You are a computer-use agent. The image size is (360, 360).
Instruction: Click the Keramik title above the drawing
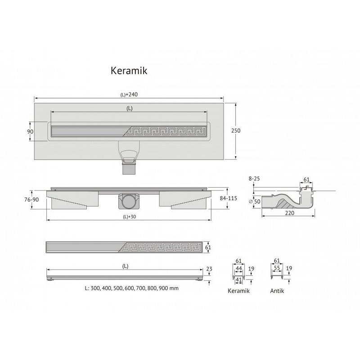pos(129,71)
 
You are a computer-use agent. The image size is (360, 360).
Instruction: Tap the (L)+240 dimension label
pos(129,94)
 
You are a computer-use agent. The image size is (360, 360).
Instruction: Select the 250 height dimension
pos(235,130)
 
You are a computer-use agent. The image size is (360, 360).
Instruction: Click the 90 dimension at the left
pos(30,131)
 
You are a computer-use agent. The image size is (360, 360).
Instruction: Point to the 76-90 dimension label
pos(31,199)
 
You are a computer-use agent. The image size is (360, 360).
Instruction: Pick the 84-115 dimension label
pos(228,198)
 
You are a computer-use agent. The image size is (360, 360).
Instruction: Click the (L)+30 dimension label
pos(129,216)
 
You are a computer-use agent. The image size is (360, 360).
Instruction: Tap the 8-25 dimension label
pos(254,178)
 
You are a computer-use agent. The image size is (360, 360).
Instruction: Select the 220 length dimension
pos(289,213)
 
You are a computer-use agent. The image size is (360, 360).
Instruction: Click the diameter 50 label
pos(255,201)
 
